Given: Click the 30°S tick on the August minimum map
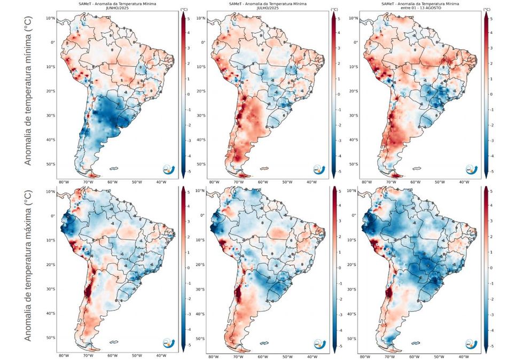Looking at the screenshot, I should point(353,115).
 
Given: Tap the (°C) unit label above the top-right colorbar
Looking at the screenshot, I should point(486,9).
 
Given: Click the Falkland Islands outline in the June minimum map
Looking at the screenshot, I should point(114,168).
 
